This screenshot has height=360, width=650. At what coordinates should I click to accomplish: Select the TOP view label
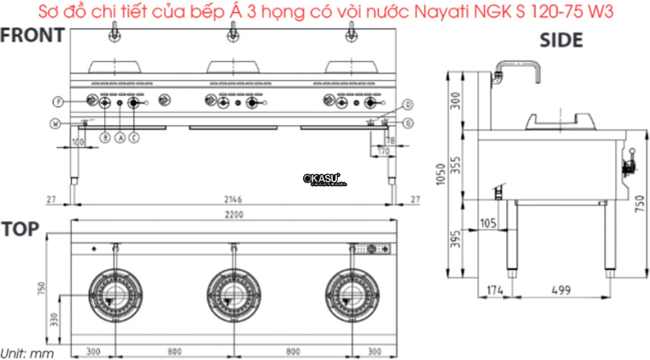pyautogui.click(x=20, y=229)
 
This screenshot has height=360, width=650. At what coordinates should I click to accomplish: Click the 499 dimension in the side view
pyautogui.click(x=560, y=290)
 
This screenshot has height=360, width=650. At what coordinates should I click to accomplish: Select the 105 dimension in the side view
pyautogui.click(x=487, y=223)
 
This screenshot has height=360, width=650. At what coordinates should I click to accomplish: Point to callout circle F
pyautogui.click(x=57, y=101)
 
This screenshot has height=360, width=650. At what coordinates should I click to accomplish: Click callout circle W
pyautogui.click(x=56, y=123)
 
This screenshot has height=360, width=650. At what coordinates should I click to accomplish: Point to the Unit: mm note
pyautogui.click(x=26, y=352)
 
